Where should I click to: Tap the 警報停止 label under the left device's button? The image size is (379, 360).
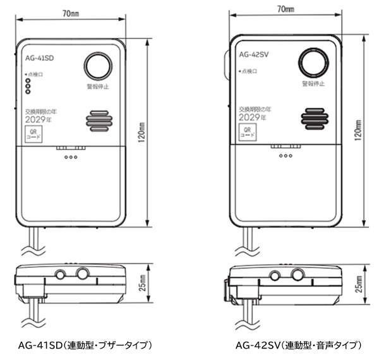[98, 87]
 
